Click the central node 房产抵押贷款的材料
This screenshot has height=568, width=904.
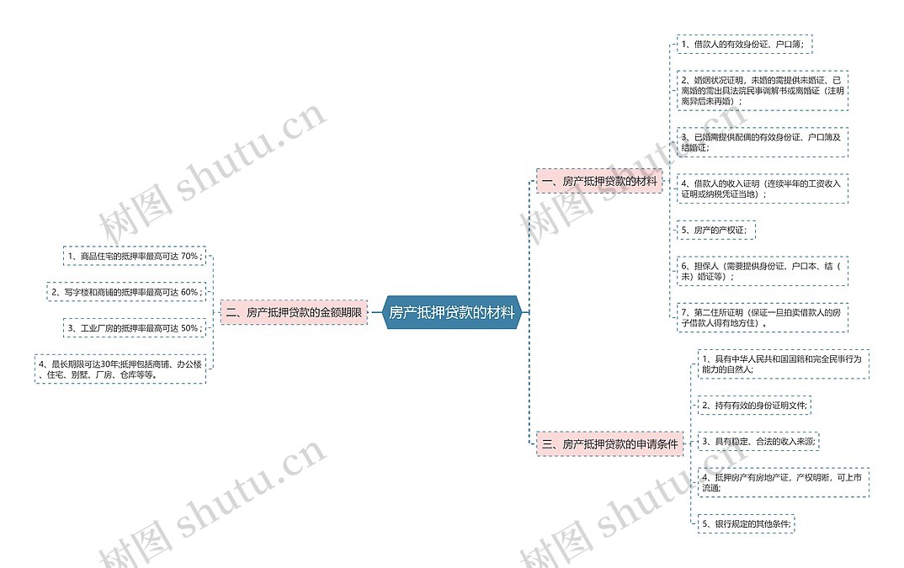click(451, 312)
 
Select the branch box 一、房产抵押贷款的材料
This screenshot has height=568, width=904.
click(599, 181)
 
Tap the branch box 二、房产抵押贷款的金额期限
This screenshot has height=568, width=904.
click(293, 312)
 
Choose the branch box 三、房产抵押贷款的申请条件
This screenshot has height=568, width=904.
click(609, 443)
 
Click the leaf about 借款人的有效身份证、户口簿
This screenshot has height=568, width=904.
click(744, 44)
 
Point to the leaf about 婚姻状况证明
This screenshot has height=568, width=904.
click(762, 90)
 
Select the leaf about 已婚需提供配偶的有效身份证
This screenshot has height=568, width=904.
click(762, 142)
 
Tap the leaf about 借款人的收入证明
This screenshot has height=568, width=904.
click(762, 188)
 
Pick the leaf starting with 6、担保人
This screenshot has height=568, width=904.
click(762, 271)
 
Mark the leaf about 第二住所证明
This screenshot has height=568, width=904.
click(762, 316)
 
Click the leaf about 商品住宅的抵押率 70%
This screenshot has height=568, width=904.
click(135, 256)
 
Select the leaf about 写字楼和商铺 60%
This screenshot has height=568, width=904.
click(126, 292)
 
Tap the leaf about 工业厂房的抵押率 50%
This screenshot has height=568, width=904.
click(135, 327)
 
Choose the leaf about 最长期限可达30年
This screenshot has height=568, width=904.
click(120, 369)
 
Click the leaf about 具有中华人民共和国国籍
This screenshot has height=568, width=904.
click(783, 364)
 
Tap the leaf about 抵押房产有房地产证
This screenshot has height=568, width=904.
click(783, 482)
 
